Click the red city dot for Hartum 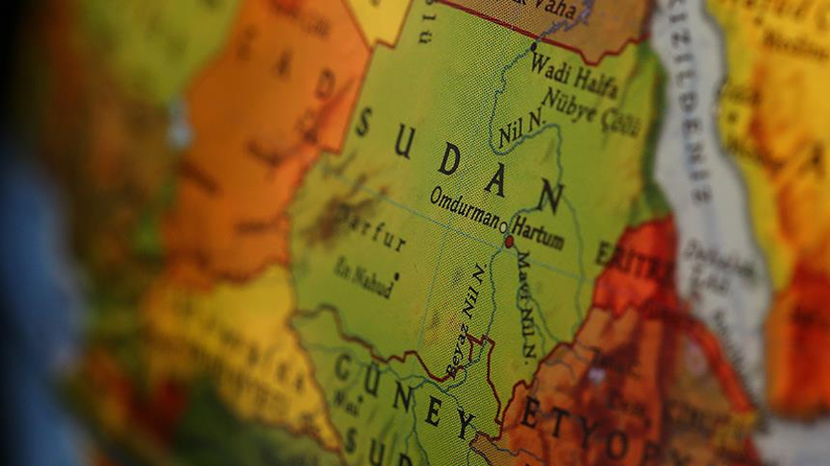click(510, 242)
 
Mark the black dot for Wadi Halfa click(533, 46)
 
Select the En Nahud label click(362, 277)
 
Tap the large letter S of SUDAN click(363, 122)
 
